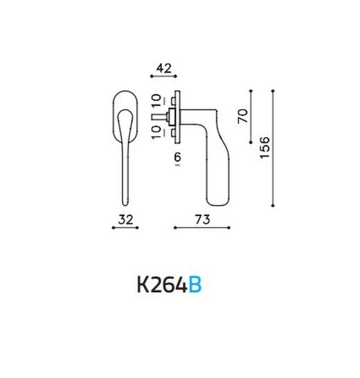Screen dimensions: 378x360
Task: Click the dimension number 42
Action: (x=163, y=68)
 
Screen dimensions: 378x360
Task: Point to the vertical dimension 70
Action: (x=242, y=116)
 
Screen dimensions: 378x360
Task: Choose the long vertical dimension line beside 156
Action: (x=274, y=147)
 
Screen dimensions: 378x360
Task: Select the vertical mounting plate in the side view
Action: (x=178, y=116)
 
